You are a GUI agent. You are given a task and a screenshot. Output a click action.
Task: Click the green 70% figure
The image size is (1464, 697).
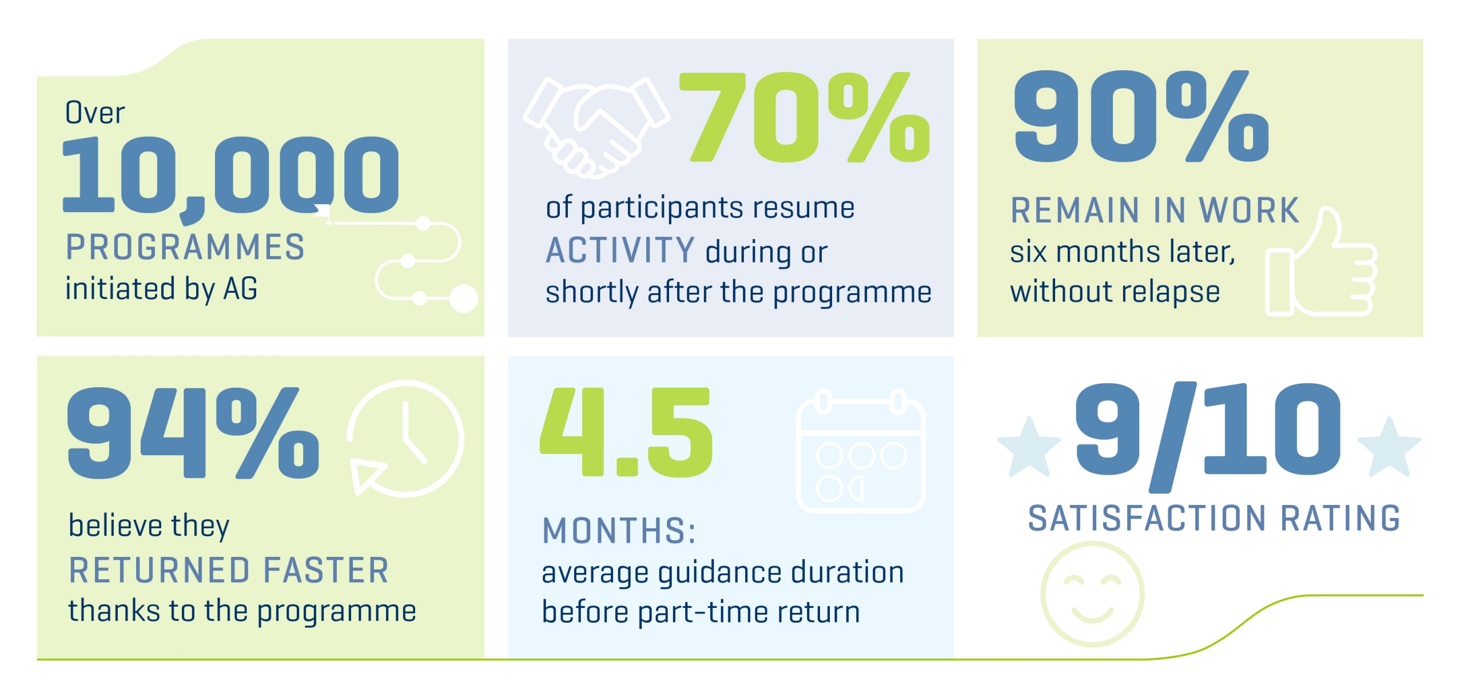[x=803, y=117]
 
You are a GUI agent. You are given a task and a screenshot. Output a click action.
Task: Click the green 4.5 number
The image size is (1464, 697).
[x=627, y=432]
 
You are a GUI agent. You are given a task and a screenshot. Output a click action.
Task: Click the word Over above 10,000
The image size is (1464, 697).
[x=95, y=113]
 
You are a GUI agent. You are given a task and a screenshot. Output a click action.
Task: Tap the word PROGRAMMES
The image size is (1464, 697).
[x=185, y=248]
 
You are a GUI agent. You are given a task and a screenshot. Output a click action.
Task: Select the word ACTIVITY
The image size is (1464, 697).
[x=620, y=251]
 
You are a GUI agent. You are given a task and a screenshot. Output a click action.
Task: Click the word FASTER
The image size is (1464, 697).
[x=326, y=570]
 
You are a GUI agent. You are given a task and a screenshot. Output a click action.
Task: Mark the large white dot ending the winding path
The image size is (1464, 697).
[x=463, y=298]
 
